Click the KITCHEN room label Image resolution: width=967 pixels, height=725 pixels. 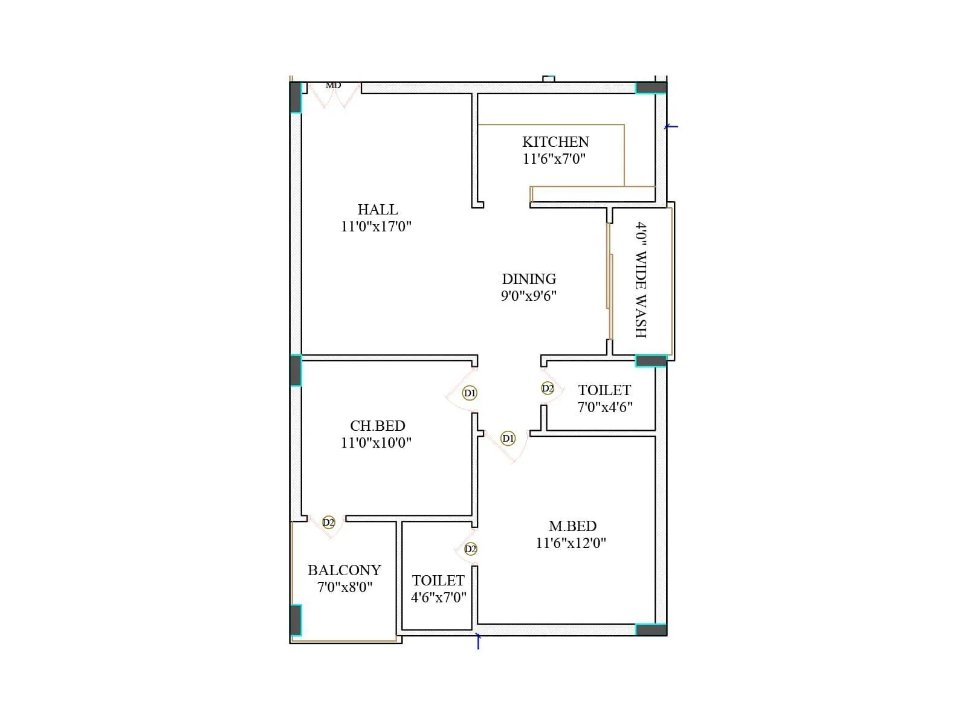coord(555,142)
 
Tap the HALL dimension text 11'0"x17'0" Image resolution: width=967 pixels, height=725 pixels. coord(376,227)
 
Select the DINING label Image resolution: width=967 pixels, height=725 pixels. coord(529,279)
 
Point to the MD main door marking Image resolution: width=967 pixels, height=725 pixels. coord(333,86)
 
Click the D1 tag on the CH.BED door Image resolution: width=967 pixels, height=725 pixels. coord(470,393)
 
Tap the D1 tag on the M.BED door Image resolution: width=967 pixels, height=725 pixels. coord(508,438)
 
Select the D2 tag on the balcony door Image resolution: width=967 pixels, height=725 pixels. coord(328,522)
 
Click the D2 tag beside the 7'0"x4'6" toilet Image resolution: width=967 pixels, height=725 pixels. coord(548,388)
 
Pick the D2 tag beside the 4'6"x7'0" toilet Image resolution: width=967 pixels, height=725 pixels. coord(470,549)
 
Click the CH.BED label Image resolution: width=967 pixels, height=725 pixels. coord(377,426)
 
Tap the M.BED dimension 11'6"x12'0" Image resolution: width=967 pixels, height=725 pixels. coord(571,543)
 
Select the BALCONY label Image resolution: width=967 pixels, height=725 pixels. coord(344,570)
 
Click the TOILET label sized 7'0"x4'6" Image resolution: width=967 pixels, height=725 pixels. coord(604,390)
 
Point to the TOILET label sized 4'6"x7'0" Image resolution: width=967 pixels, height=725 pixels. coord(438,581)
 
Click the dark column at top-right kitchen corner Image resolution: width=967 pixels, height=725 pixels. coord(652,88)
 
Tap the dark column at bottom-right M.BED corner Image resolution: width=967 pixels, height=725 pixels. coord(652,630)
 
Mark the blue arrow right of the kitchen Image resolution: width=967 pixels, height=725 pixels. coord(671,127)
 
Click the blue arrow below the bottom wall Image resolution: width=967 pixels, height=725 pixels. coord(478,640)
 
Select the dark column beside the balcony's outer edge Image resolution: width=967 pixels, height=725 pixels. coord(296,620)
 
